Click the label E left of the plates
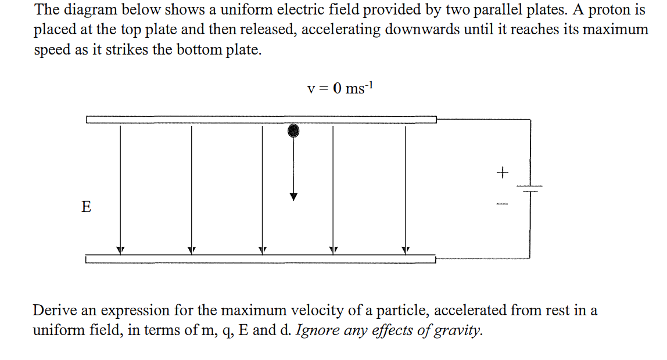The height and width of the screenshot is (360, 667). tap(86, 207)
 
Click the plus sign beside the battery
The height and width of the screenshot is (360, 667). tap(503, 172)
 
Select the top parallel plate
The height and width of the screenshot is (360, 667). tap(261, 119)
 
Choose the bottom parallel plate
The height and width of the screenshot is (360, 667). tap(261, 259)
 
